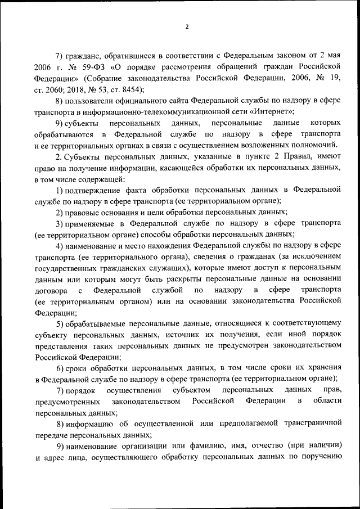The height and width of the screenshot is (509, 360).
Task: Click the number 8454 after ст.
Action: [132, 89]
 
